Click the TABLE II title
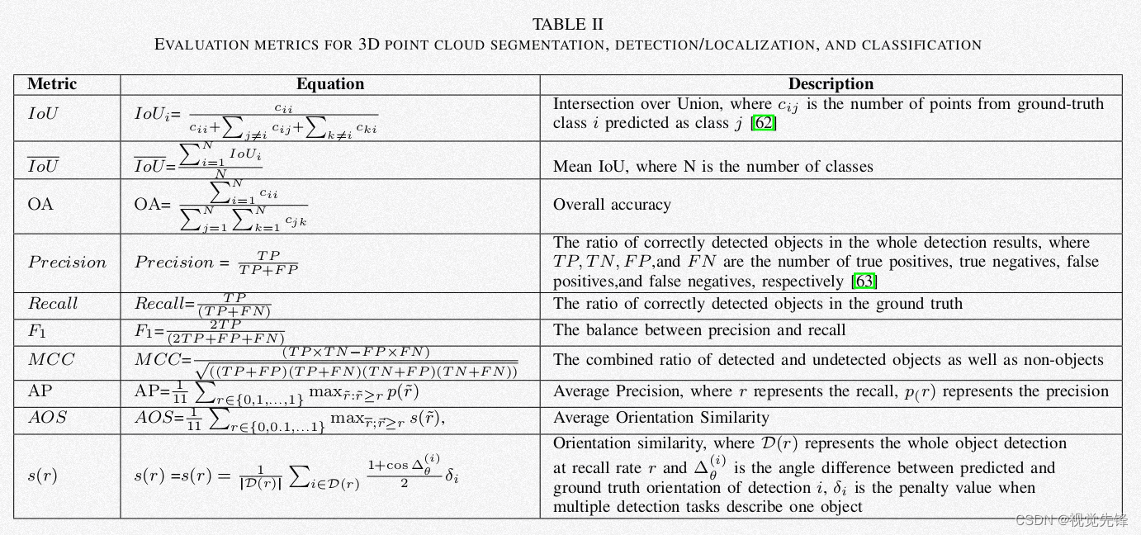pos(568,24)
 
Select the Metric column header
pos(52,84)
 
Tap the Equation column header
pos(330,84)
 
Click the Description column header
pos(831,84)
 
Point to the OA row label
pos(40,204)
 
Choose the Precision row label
pos(67,263)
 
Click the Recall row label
pos(53,304)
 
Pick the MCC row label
pos(51,360)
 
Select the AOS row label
pos(47,418)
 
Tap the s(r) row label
pos(42,476)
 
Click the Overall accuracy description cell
pos(612,205)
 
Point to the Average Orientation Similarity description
pos(660,418)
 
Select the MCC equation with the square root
pos(327,362)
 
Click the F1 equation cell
pos(210,332)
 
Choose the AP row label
pos(40,391)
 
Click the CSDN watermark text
pos(1071,519)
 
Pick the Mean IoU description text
pos(713,167)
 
